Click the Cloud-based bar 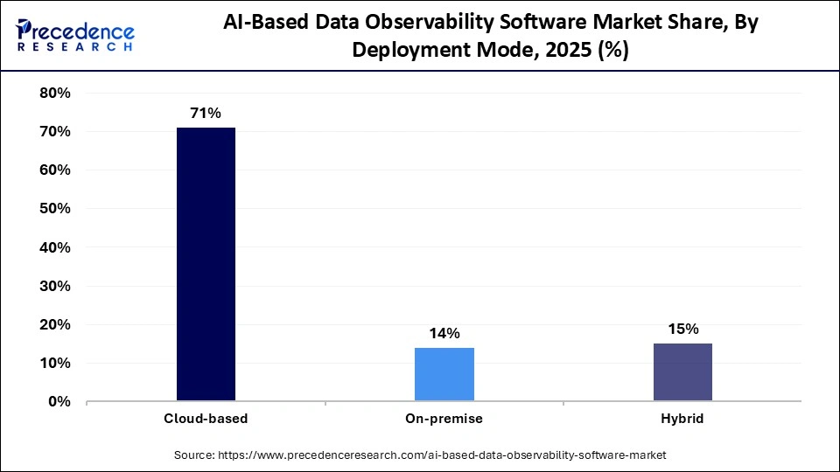point(206,264)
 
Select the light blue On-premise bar point(444,374)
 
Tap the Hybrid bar point(682,372)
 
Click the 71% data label point(206,113)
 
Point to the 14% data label point(444,333)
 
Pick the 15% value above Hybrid point(682,329)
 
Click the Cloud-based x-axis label point(206,419)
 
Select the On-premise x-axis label point(444,419)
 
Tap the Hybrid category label point(682,419)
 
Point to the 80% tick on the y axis point(55,94)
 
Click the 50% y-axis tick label point(55,209)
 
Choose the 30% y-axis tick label point(55,286)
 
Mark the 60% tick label point(55,170)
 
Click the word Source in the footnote point(194,455)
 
